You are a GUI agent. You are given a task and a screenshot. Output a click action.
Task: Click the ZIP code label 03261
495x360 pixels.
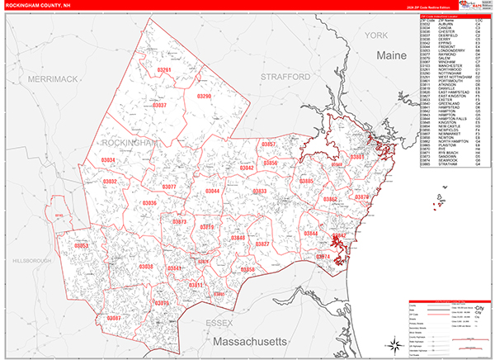165,71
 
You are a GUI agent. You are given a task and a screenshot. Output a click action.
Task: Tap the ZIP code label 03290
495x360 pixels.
205,97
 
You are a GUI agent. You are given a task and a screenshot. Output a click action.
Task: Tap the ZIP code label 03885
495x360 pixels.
306,181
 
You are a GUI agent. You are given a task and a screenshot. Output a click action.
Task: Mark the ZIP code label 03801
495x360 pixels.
356,157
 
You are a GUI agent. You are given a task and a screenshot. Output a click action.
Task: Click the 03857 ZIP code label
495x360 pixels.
268,144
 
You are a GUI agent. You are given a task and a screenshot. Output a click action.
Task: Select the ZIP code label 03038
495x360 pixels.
146,266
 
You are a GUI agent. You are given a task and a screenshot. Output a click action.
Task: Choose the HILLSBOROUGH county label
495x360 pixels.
31,260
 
